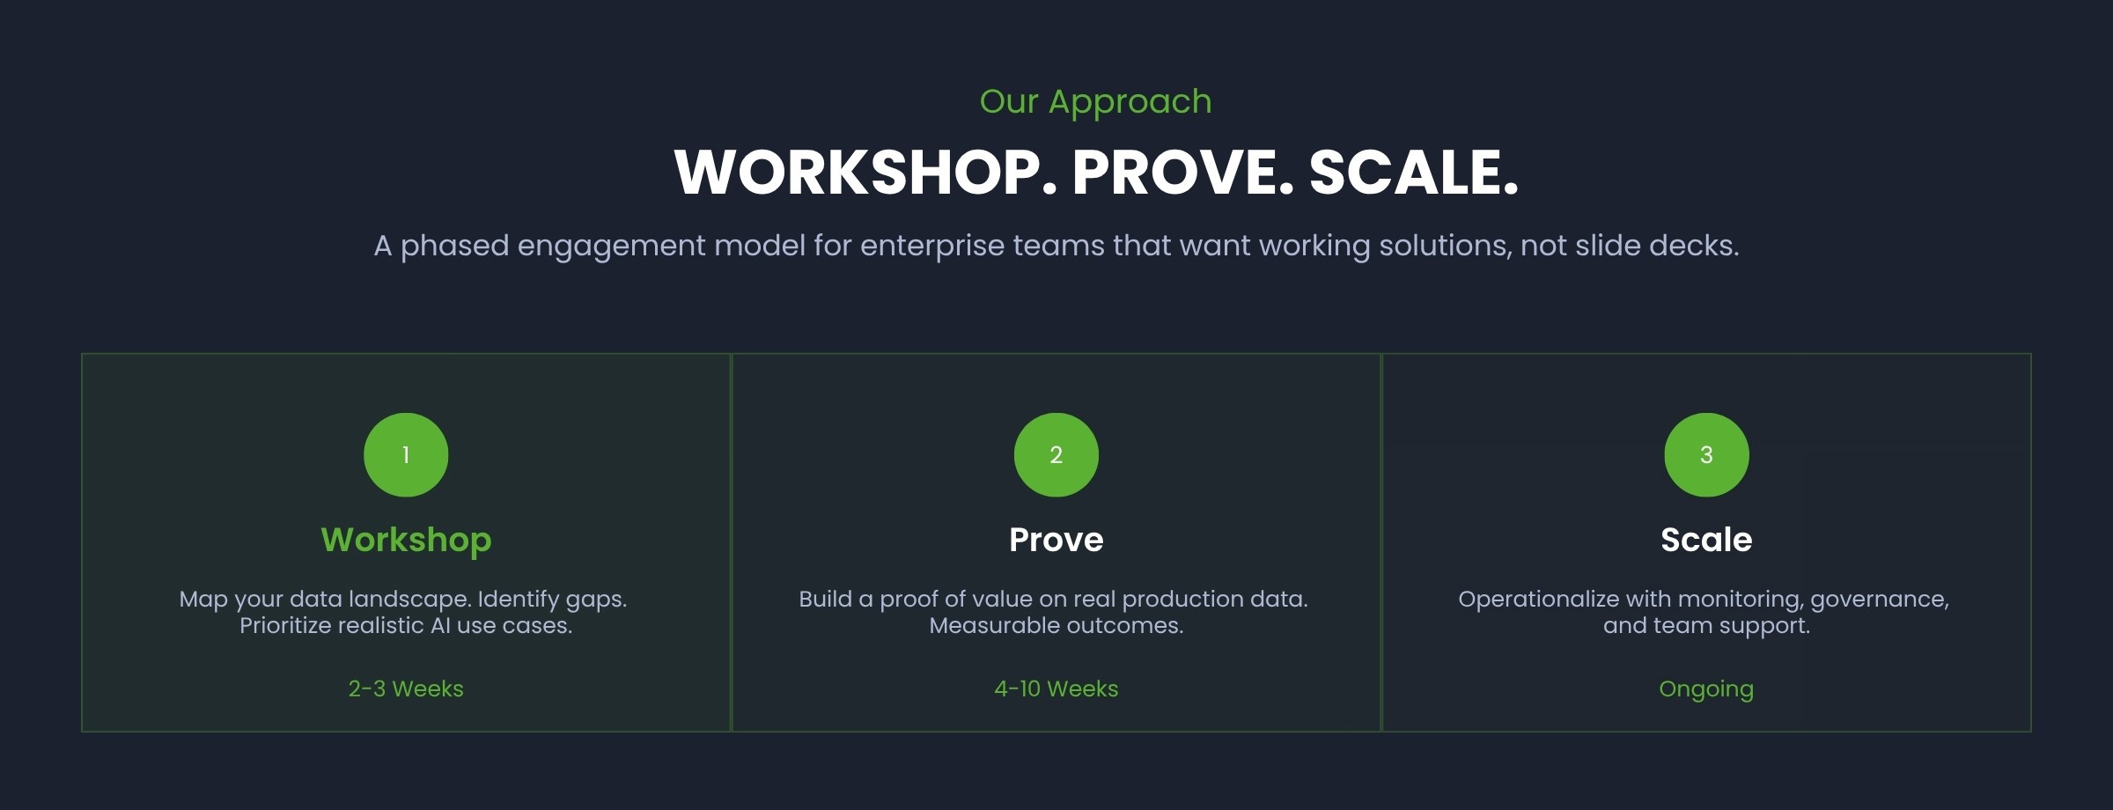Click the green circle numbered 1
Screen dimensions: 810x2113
pyautogui.click(x=406, y=454)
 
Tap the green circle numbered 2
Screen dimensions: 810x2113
pyautogui.click(x=1056, y=454)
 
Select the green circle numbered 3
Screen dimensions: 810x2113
pyautogui.click(x=1706, y=454)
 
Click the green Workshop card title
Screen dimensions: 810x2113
pyautogui.click(x=406, y=540)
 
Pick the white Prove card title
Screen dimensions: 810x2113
pyautogui.click(x=1056, y=540)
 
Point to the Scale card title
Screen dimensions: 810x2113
pyautogui.click(x=1706, y=540)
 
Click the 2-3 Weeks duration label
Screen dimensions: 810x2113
pyautogui.click(x=406, y=688)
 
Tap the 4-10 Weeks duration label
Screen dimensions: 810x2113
pyautogui.click(x=1056, y=688)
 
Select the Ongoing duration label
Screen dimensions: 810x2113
pyautogui.click(x=1706, y=688)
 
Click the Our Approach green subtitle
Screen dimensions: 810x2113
pyautogui.click(x=1095, y=101)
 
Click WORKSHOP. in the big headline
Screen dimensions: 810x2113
pyautogui.click(x=865, y=172)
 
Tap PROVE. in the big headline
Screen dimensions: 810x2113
pyautogui.click(x=1182, y=172)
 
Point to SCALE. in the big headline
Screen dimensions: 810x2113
pyautogui.click(x=1414, y=172)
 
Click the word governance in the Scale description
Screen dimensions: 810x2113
pyautogui.click(x=1879, y=600)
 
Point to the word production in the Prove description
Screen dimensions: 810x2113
pyautogui.click(x=1182, y=600)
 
